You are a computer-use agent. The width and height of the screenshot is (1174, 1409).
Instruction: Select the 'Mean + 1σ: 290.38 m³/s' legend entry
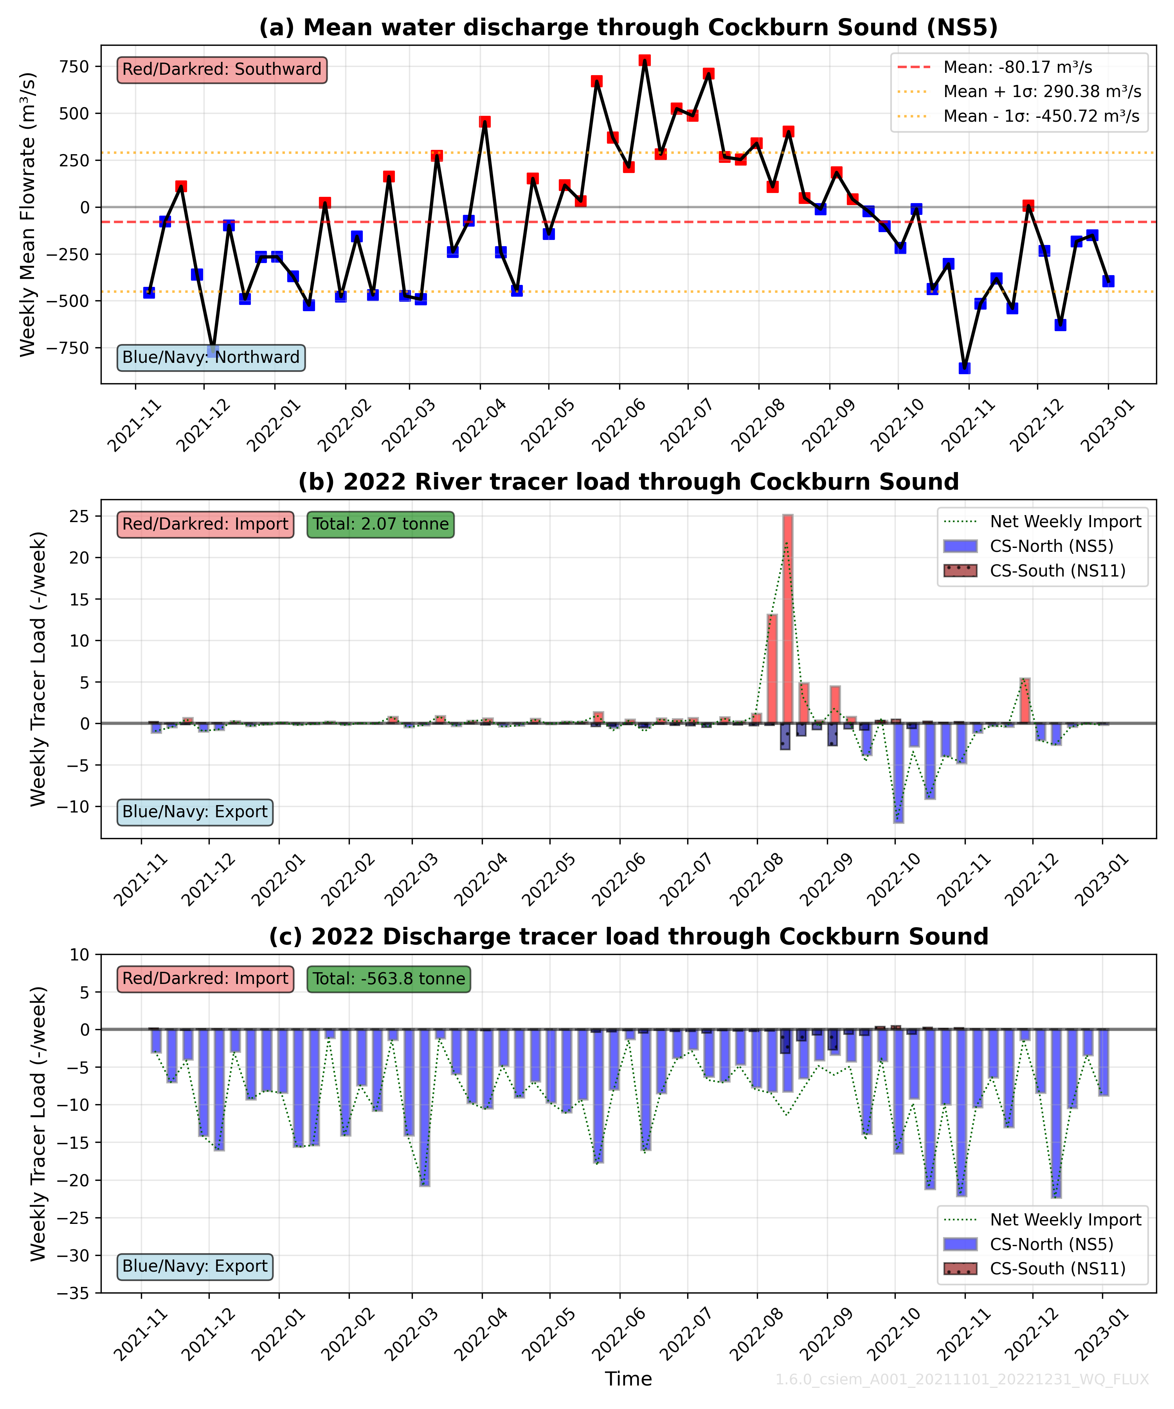pyautogui.click(x=1041, y=91)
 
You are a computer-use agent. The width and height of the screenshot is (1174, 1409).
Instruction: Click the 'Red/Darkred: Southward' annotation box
pyautogui.click(x=222, y=70)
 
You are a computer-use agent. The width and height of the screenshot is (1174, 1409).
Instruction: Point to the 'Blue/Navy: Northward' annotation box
pyautogui.click(x=211, y=357)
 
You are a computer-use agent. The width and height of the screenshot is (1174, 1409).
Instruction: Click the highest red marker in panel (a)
pyautogui.click(x=645, y=60)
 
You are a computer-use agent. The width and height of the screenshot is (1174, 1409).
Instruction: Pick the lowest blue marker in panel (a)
pyautogui.click(x=965, y=368)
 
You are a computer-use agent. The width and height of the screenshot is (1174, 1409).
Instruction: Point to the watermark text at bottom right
pyautogui.click(x=962, y=1380)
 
